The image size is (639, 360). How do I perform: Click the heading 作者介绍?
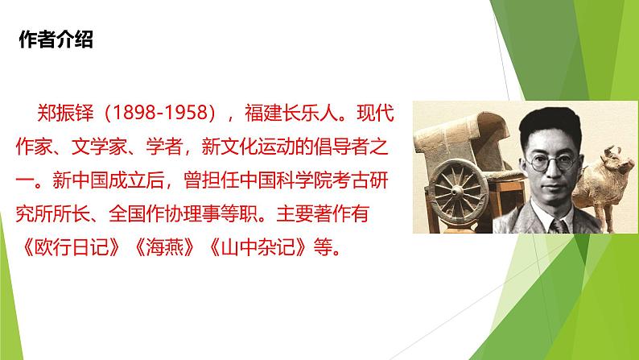click(x=56, y=39)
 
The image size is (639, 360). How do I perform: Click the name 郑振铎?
click(x=65, y=113)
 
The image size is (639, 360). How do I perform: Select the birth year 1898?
click(x=131, y=113)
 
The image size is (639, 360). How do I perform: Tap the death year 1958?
click(x=188, y=113)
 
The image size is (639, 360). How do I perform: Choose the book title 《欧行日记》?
click(x=72, y=247)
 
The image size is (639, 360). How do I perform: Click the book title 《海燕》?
click(x=165, y=247)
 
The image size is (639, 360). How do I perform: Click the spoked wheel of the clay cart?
click(x=459, y=191)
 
